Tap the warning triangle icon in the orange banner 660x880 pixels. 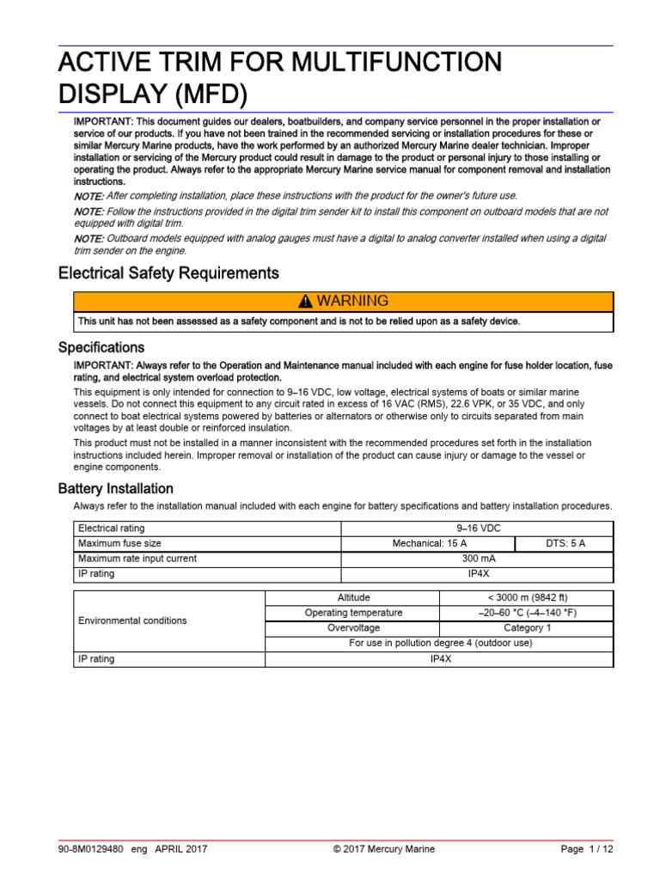click(304, 302)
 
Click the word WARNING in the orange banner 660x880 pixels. click(352, 302)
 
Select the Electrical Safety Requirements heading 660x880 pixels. click(168, 273)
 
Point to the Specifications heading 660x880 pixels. click(101, 348)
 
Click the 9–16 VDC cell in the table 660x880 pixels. click(477, 529)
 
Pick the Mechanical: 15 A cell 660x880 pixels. click(428, 543)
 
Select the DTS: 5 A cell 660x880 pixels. click(564, 543)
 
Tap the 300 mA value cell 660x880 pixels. click(477, 559)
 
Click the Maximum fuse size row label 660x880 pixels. click(119, 543)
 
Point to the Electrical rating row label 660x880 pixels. click(112, 529)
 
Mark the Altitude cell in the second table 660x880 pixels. click(352, 597)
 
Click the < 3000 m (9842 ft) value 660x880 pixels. click(526, 597)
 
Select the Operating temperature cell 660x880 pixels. click(352, 613)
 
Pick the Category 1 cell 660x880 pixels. click(526, 628)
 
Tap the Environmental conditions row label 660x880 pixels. click(132, 620)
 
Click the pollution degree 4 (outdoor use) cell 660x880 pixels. click(439, 644)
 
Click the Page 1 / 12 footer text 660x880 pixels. click(586, 850)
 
